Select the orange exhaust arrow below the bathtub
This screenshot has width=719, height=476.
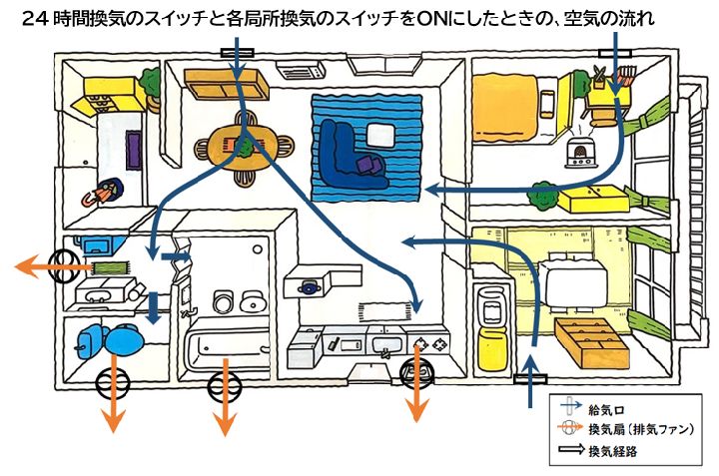(x=226, y=404)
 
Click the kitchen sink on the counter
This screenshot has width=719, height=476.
(x=384, y=345)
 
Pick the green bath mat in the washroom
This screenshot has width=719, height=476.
(x=109, y=266)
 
